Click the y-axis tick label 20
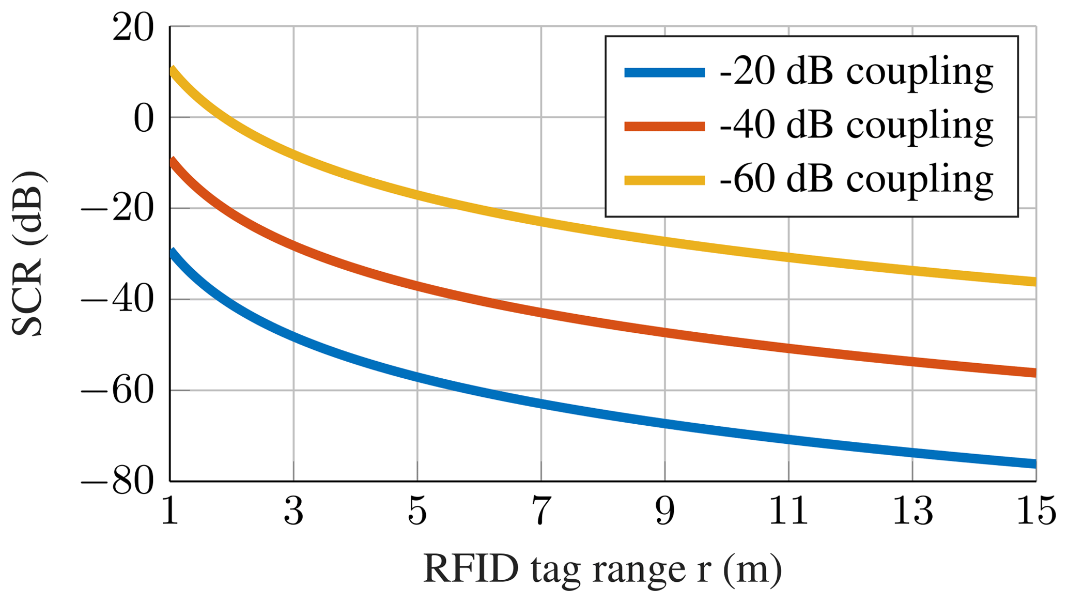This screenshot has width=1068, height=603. tap(133, 28)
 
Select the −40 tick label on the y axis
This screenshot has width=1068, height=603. tap(118, 301)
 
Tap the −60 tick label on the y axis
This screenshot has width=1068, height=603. tap(118, 392)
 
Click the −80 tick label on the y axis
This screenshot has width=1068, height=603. tap(118, 483)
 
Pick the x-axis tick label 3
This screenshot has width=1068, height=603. tap(293, 512)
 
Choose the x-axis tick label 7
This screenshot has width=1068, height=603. tap(541, 512)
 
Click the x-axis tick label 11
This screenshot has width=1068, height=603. tap(788, 512)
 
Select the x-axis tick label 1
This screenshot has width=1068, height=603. tap(170, 512)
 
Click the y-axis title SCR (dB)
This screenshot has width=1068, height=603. tap(28, 253)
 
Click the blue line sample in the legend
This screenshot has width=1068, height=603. tap(664, 72)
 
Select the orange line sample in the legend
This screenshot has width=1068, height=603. tap(664, 126)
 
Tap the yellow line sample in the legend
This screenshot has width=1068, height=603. tap(664, 180)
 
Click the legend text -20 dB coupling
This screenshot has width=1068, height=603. tap(856, 72)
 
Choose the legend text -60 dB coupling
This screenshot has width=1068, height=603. tap(856, 180)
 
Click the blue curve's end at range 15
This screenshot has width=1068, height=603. tap(1034, 463)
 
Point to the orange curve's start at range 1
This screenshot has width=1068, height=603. tap(172, 162)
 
